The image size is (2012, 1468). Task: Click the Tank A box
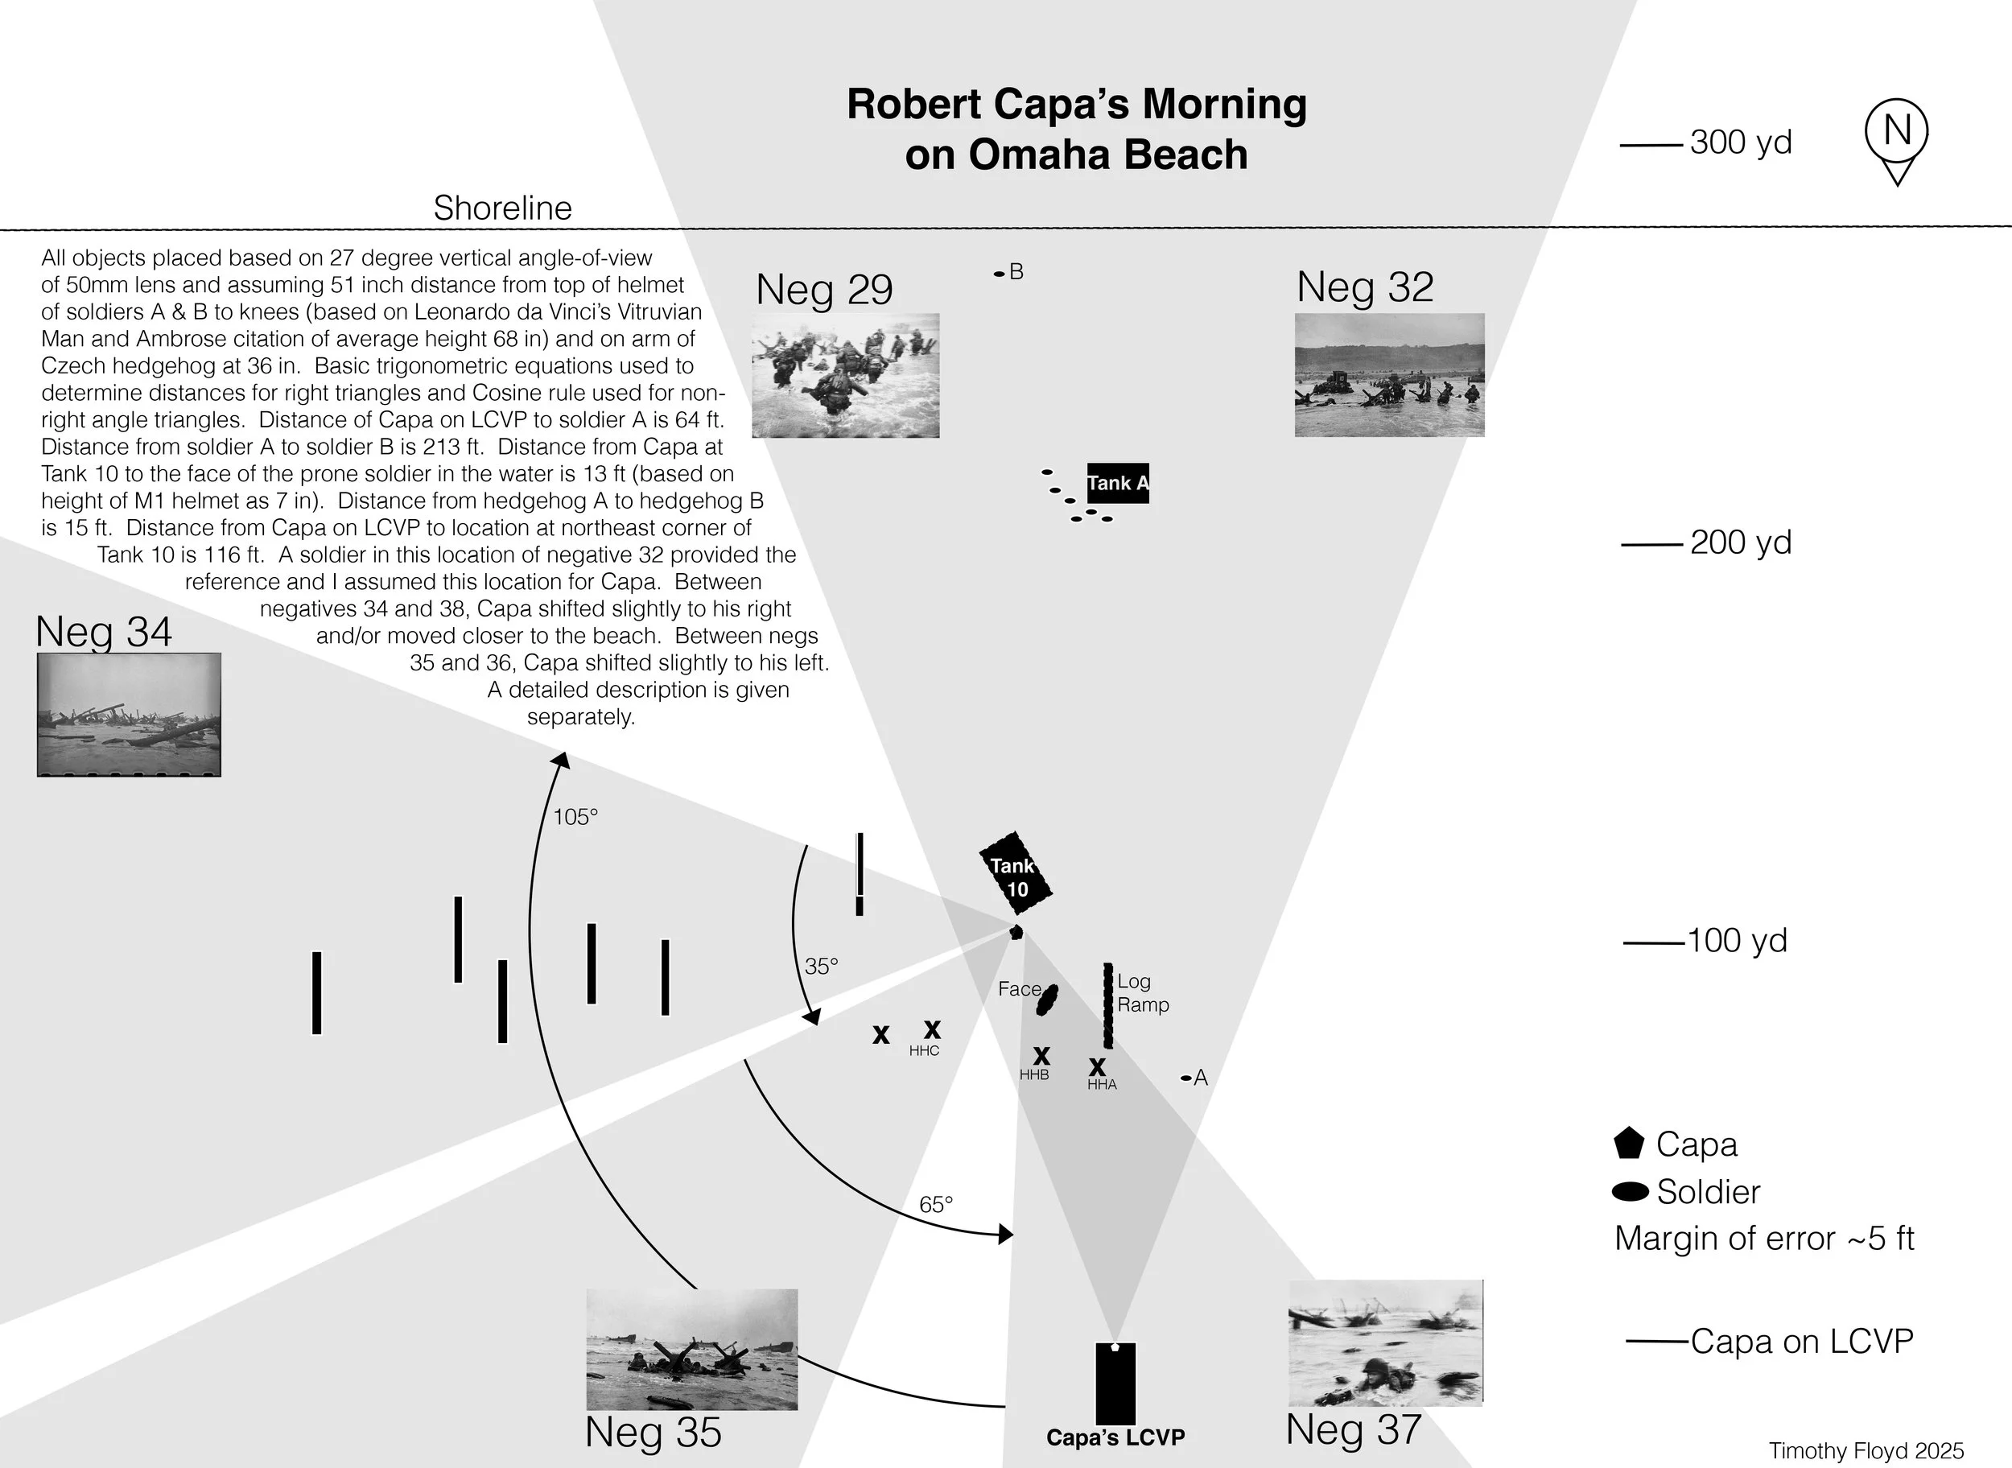1117,484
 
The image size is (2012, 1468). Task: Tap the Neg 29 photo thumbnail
845,375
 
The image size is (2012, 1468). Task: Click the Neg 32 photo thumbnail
1389,374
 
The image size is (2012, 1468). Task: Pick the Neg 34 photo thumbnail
129,715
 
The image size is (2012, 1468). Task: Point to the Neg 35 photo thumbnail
691,1349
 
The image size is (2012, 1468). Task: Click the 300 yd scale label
1740,142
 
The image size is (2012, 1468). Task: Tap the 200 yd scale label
1740,542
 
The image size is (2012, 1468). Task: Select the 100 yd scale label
1737,940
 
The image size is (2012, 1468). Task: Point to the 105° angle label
575,817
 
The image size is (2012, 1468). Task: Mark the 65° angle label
936,1204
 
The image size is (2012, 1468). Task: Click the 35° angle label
821,966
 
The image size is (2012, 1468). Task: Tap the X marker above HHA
1098,1066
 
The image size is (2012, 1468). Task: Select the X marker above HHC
932,1029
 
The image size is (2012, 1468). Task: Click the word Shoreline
502,208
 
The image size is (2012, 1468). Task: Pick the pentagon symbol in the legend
1628,1144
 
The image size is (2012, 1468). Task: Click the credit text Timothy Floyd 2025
1866,1451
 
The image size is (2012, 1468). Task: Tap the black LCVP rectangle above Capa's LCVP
1115,1383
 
